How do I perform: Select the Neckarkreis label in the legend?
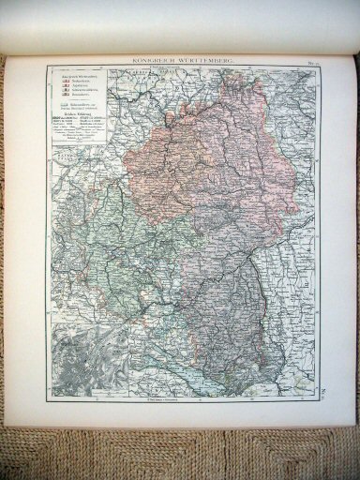(x=81, y=80)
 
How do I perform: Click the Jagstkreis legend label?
(x=79, y=84)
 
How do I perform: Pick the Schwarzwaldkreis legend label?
(x=84, y=90)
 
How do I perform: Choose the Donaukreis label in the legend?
(x=80, y=95)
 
